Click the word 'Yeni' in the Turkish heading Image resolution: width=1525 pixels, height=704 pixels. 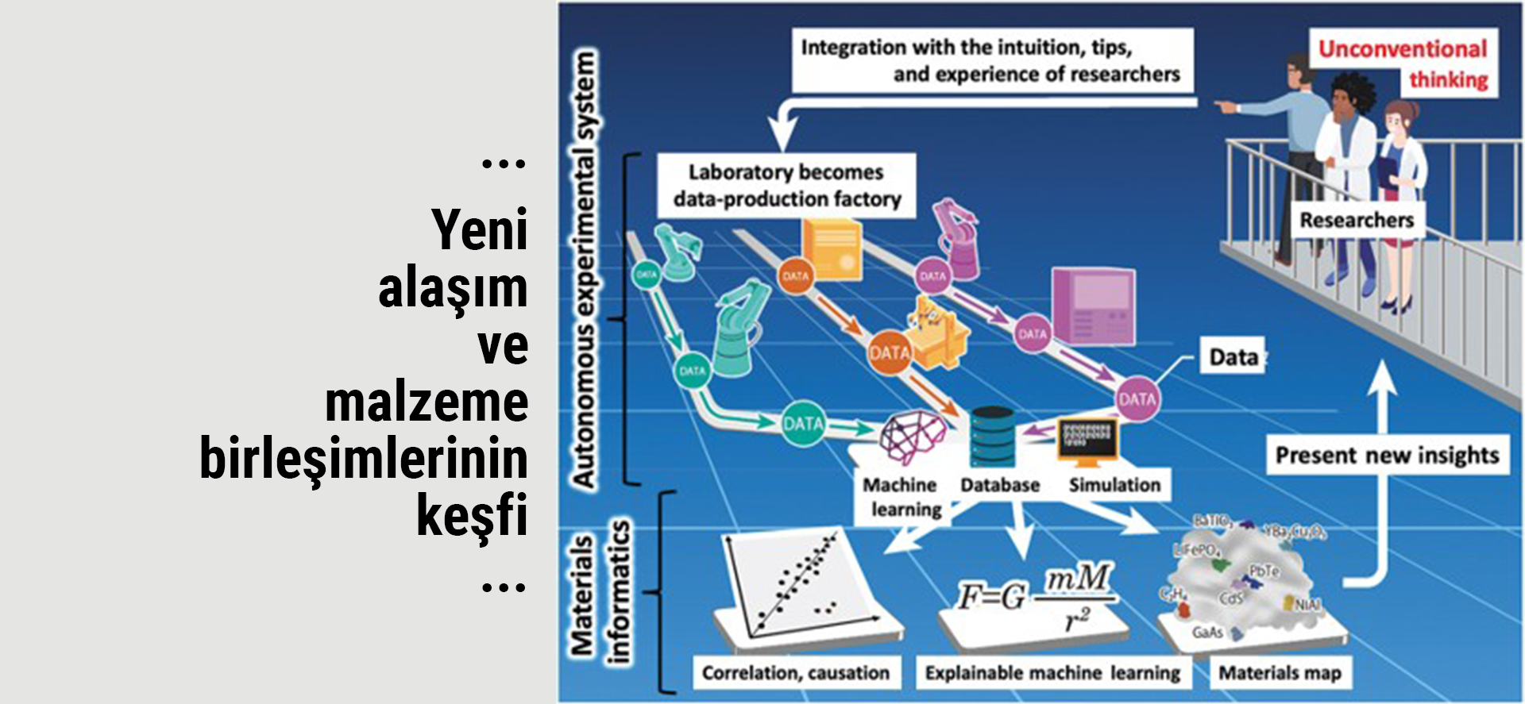[x=480, y=230]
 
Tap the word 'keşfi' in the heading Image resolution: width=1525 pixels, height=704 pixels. [x=472, y=516]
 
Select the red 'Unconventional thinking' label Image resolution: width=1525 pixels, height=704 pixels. [x=1403, y=63]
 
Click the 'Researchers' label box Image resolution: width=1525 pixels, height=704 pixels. [x=1357, y=220]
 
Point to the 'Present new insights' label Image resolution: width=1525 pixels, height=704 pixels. [x=1387, y=455]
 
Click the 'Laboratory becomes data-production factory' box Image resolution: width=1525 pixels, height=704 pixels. [x=786, y=185]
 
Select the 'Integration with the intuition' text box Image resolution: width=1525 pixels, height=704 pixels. [x=991, y=60]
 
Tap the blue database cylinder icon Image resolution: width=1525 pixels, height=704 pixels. [x=992, y=437]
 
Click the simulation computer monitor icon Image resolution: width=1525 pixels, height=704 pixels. [x=1087, y=441]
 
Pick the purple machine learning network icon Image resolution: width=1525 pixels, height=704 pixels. [x=912, y=436]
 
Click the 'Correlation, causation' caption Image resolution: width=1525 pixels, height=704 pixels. [x=795, y=673]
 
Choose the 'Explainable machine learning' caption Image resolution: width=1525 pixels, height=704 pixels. [x=1052, y=673]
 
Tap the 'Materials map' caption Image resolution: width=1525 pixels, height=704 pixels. [x=1280, y=673]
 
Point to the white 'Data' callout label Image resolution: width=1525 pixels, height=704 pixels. [x=1233, y=357]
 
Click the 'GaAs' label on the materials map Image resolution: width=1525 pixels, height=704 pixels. [x=1207, y=633]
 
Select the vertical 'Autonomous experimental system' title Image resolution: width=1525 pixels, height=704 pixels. [x=585, y=270]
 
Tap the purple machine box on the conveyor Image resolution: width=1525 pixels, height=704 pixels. [x=1094, y=306]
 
